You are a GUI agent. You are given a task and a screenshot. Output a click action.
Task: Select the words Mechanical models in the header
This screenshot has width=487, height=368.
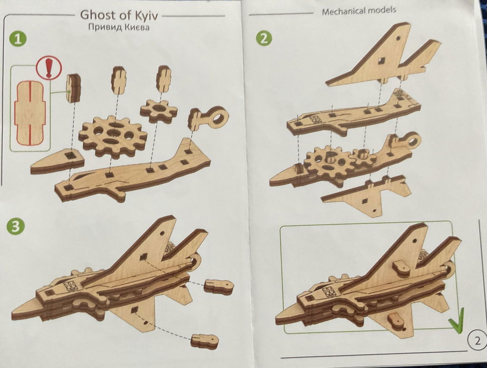[359, 11]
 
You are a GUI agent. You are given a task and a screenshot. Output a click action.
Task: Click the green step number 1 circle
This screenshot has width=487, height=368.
[18, 39]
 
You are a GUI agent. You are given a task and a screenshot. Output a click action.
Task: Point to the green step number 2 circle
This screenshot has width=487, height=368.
[263, 39]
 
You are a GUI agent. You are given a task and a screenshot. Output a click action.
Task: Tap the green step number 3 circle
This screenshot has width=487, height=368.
[15, 226]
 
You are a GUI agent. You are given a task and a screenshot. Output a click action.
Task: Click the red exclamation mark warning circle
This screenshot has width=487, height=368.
[49, 68]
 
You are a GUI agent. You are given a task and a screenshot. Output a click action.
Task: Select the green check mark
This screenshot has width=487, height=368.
[456, 320]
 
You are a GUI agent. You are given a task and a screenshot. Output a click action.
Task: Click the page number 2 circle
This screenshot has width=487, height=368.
[477, 341]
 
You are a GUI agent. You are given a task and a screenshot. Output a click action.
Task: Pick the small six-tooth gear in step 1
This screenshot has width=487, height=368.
[159, 111]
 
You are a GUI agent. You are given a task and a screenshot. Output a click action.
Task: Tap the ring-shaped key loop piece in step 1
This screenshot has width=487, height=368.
[210, 119]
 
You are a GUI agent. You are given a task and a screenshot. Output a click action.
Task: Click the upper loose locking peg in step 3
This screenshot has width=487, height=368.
[219, 286]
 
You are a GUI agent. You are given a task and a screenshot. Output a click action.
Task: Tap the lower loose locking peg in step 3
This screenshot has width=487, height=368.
[205, 341]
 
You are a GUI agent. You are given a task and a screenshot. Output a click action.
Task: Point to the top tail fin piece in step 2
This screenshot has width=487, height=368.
[384, 56]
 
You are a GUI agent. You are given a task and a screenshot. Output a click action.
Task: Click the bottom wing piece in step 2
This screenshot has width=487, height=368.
[367, 194]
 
